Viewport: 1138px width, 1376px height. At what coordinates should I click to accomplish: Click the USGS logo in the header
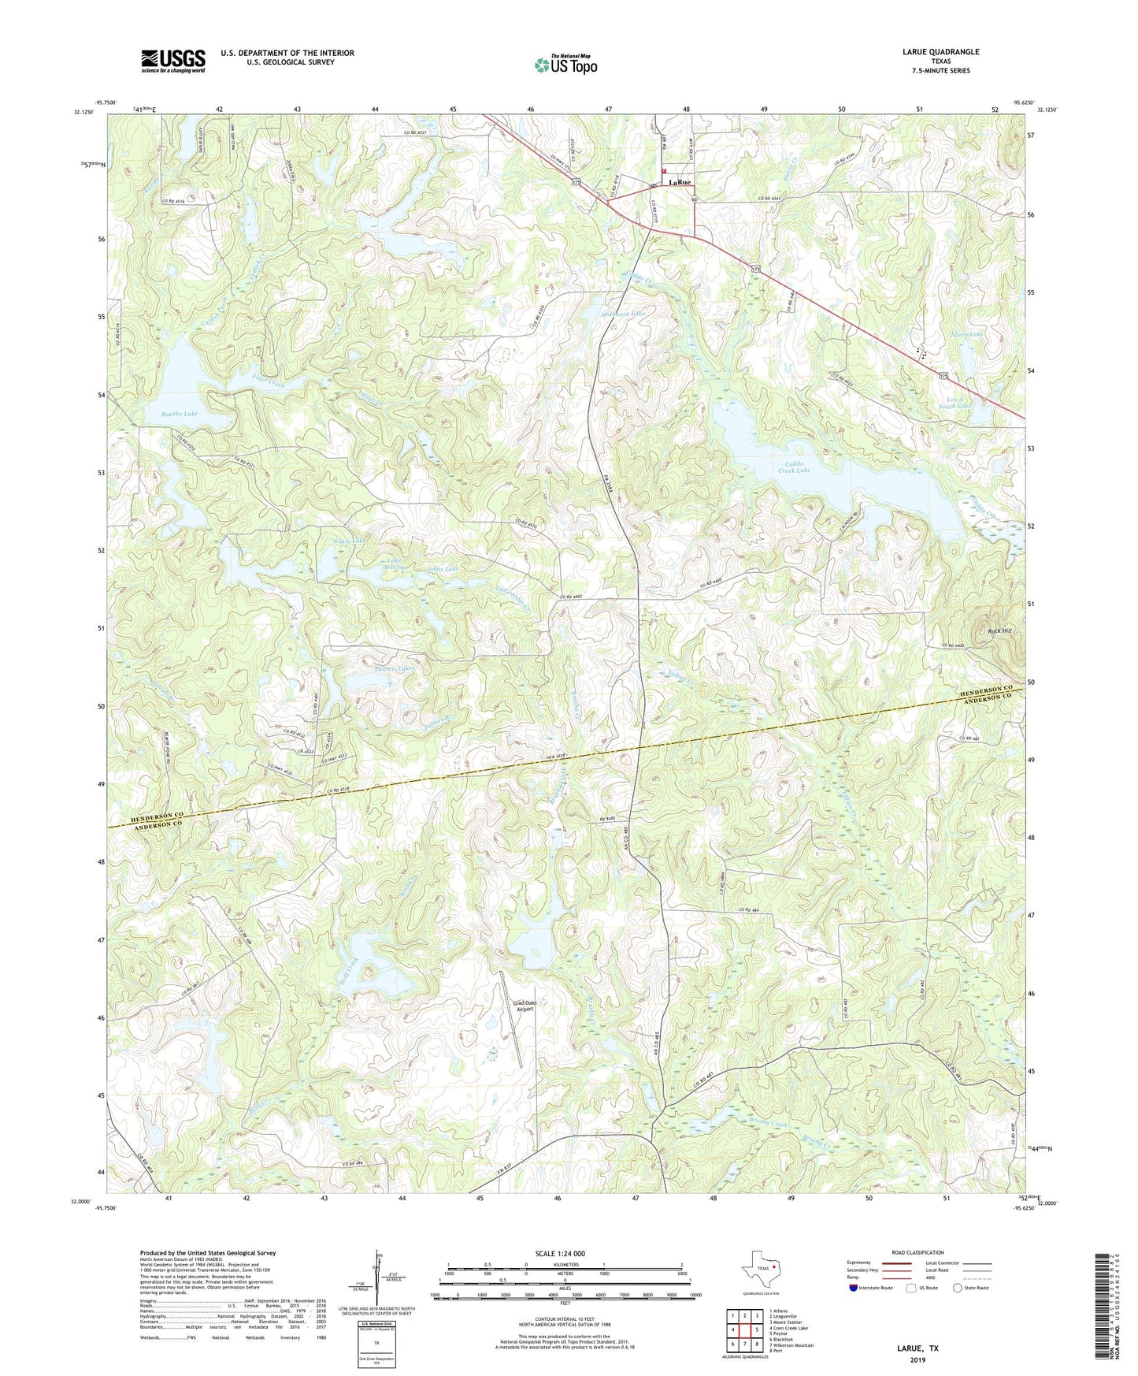tap(173, 61)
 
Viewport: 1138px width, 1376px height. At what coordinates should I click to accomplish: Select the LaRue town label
tap(680, 183)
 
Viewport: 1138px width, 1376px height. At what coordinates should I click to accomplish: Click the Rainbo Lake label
tap(180, 413)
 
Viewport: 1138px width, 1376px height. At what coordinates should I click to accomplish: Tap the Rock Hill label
tap(1000, 631)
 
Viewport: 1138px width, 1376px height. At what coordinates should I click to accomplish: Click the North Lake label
tap(966, 334)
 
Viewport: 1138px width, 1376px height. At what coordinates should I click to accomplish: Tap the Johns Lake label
tap(443, 568)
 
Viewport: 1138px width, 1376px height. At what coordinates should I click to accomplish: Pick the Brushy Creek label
tap(768, 1124)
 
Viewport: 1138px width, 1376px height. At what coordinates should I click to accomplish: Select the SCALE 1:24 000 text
tap(560, 1253)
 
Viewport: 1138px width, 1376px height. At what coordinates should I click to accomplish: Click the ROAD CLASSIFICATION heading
tap(918, 1252)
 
